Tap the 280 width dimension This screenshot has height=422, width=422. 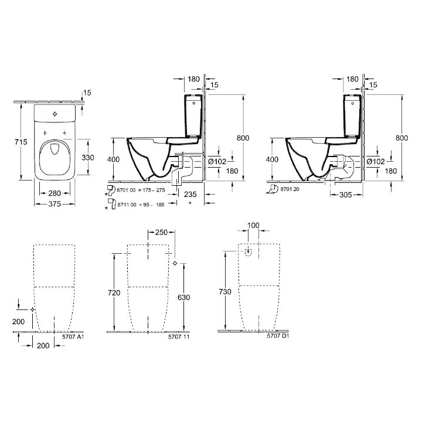55,193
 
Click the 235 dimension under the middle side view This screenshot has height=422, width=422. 189,193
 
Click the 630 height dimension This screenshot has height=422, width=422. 183,297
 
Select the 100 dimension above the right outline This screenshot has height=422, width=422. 253,226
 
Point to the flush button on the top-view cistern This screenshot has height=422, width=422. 55,113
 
